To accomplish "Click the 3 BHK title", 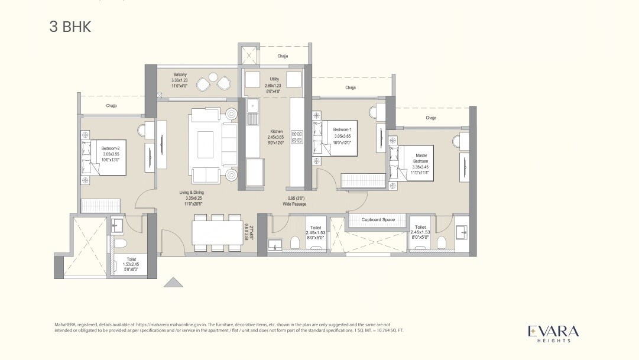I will tap(70, 27).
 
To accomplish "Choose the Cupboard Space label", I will tap(378, 220).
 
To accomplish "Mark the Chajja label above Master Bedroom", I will tap(431, 118).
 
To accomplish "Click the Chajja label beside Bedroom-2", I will tap(111, 106).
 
